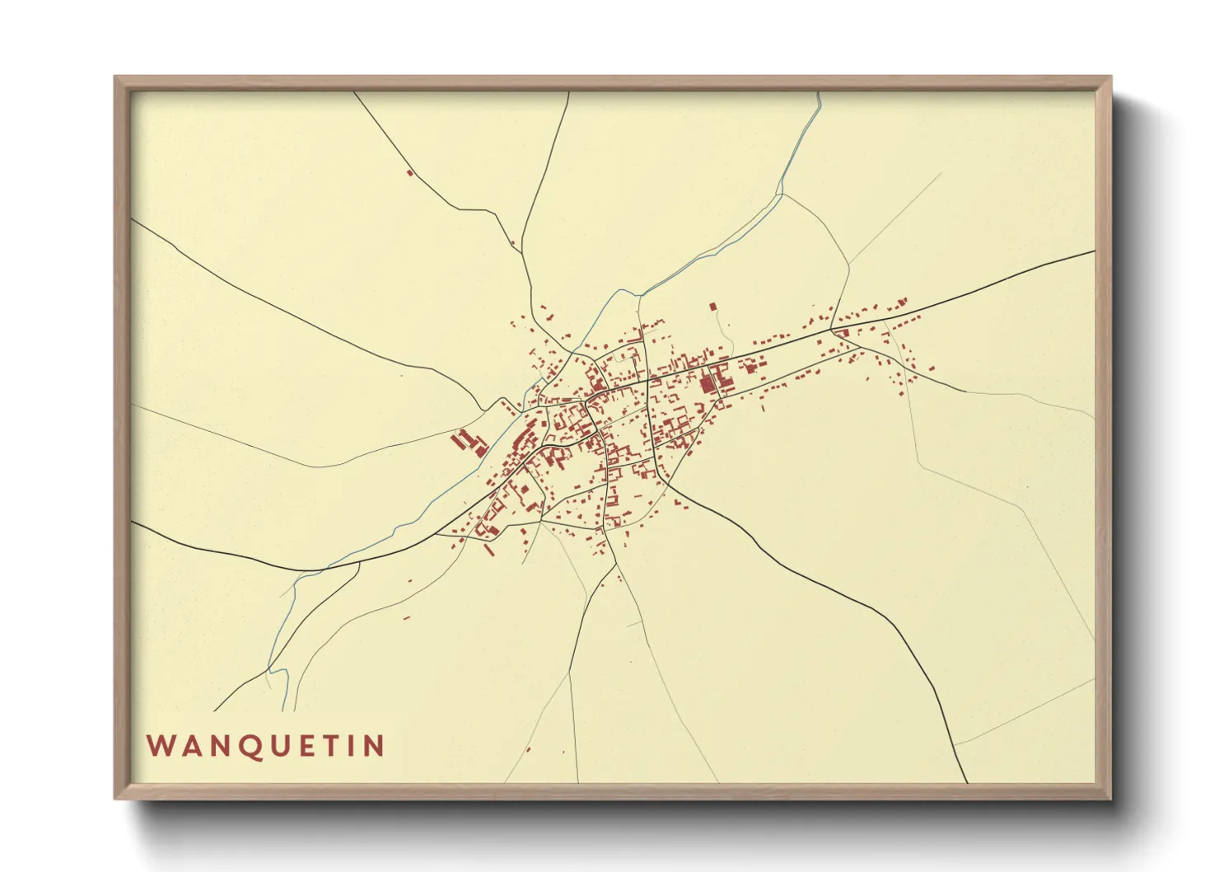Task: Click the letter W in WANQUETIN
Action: pos(159,746)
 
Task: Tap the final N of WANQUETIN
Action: pos(374,746)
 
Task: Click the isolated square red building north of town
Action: pos(713,307)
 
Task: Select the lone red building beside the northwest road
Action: pos(409,172)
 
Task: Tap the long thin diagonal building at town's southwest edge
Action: pos(488,549)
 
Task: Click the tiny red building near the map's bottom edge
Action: pos(528,749)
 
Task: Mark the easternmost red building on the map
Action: pos(932,368)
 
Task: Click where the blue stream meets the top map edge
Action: pos(819,92)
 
